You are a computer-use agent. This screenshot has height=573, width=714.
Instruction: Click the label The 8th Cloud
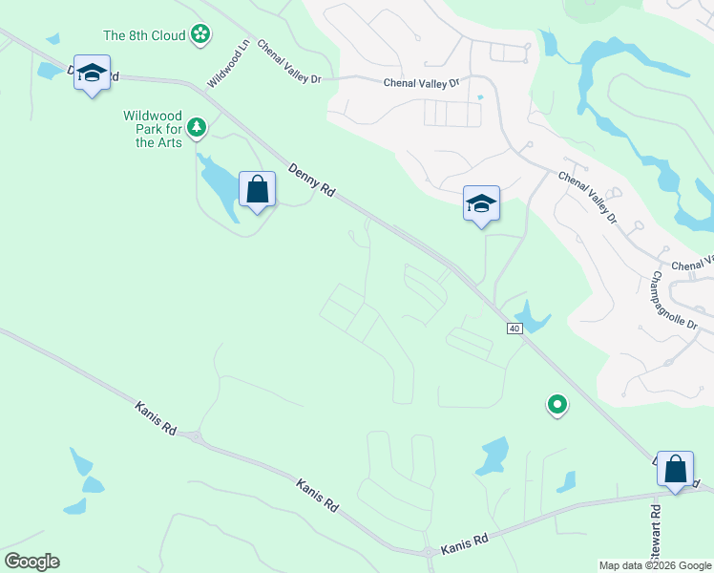pos(144,35)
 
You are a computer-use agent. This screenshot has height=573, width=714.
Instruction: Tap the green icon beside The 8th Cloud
pos(199,35)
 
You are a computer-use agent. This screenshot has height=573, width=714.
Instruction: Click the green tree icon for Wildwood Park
pos(197,127)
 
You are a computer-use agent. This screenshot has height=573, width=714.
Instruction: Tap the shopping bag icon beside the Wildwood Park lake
pos(257,189)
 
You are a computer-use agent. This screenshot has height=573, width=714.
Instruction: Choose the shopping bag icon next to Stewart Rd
pos(675,469)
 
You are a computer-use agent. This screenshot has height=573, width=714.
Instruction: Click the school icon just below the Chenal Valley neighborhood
pos(481,202)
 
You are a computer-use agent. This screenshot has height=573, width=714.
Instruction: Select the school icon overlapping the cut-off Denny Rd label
pos(92,73)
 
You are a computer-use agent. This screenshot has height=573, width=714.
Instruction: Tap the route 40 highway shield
pos(514,329)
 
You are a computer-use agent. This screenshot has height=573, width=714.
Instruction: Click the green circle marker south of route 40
pos(556,405)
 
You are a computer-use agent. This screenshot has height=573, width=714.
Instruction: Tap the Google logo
pos(31,562)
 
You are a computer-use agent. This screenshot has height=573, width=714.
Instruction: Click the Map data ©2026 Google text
pos(655,565)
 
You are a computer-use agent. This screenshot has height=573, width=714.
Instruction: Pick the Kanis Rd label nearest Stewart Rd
pos(464,544)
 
